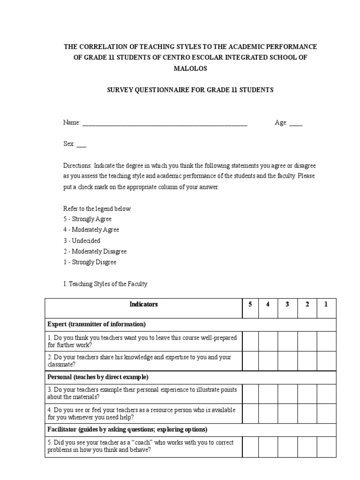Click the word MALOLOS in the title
(190, 68)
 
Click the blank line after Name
(164, 123)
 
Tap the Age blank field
(296, 123)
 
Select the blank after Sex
(81, 144)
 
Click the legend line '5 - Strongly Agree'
(88, 219)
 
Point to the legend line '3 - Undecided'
(82, 240)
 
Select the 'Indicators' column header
(143, 304)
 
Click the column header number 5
(250, 304)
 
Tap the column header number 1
(326, 304)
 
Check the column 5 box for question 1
(250, 341)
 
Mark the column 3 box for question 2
(287, 360)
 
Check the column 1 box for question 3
(326, 393)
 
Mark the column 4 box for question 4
(268, 413)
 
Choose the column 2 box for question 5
(307, 446)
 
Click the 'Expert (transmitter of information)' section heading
(97, 324)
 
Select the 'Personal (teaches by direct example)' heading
(98, 377)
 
